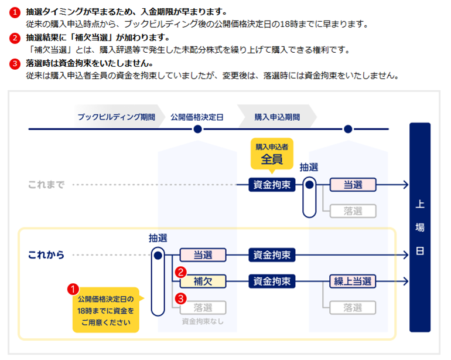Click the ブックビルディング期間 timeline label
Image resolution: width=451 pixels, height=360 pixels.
pos(117,117)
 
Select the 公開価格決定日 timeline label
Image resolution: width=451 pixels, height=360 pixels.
pos(197,117)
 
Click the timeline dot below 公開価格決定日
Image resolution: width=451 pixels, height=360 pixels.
pos(197,129)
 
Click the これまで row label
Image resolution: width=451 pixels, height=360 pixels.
pos(46,185)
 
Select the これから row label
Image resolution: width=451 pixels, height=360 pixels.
pos(46,255)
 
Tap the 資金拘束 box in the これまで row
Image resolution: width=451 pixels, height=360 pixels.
pos(272,185)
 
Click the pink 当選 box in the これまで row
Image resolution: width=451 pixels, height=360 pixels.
pos(352,185)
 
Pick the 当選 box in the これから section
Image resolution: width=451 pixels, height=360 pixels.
pos(203,255)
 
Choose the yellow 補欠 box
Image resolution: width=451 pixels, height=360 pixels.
pos(203,281)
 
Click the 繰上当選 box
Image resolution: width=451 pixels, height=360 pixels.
pos(352,281)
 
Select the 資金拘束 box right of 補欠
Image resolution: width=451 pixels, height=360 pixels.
pos(272,281)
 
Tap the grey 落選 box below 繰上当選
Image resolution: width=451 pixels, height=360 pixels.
pos(352,307)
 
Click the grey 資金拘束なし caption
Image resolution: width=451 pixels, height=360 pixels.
pos(203,321)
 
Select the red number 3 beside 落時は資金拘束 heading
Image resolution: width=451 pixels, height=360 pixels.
pos(15,63)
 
